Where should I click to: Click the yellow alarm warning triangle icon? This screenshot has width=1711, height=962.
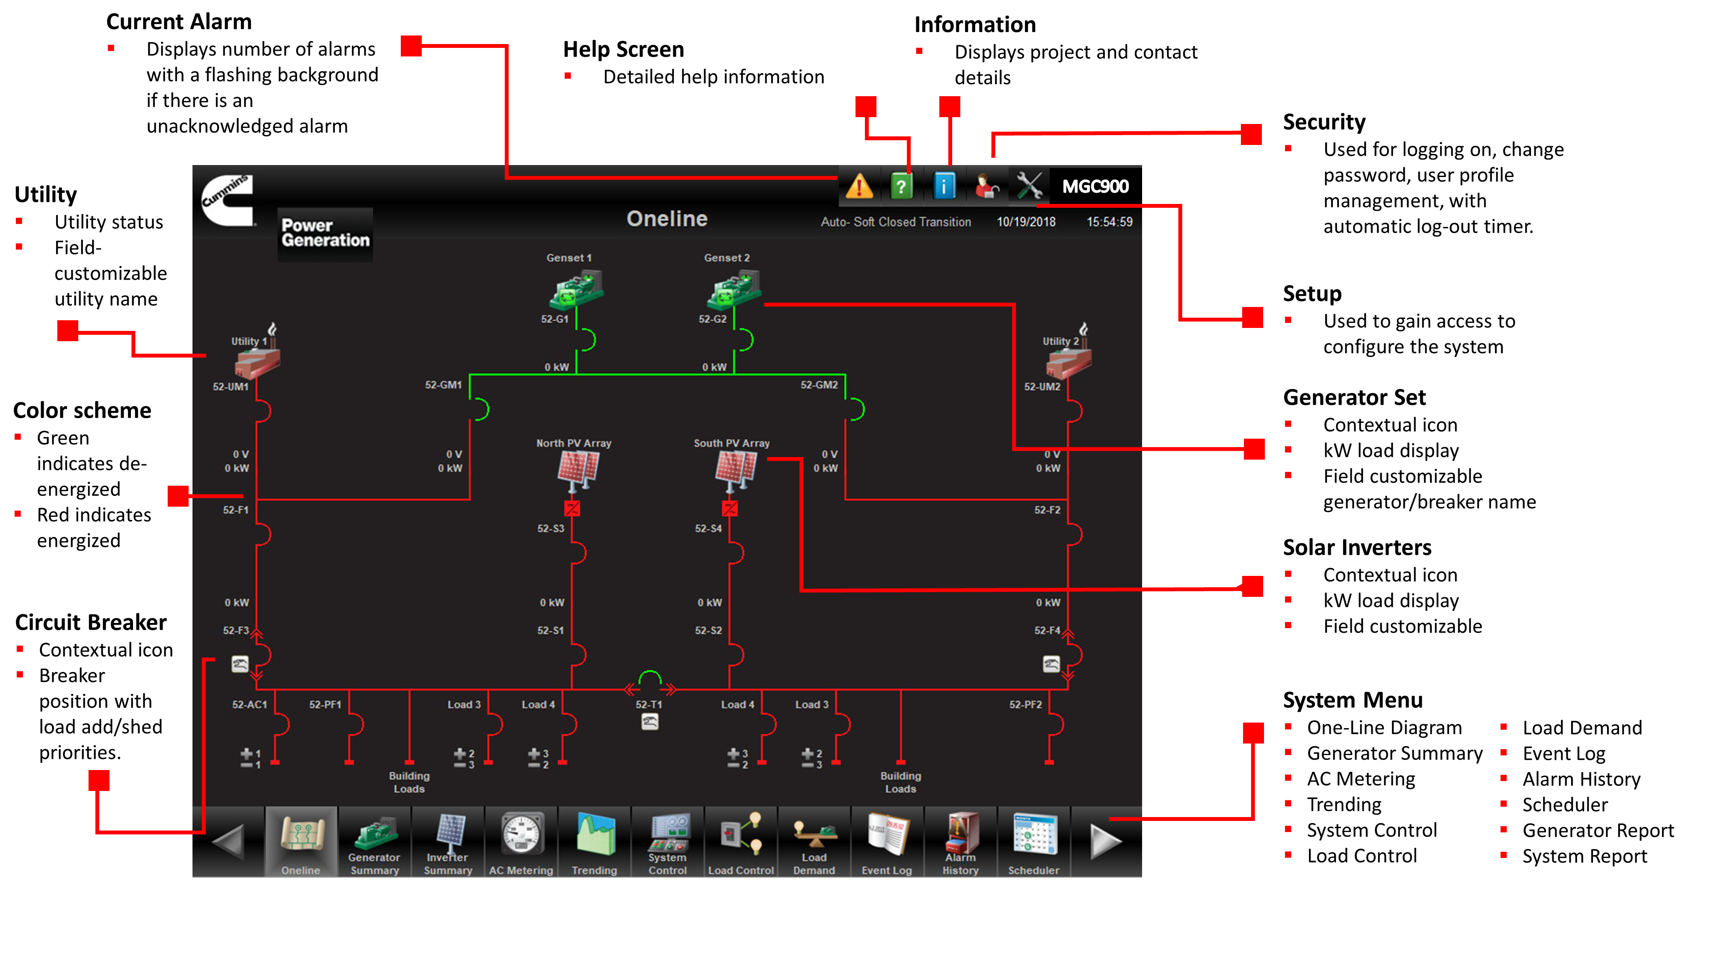[x=859, y=186]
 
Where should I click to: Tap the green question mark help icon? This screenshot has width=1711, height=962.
[x=901, y=186]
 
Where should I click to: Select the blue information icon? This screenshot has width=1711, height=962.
[x=944, y=186]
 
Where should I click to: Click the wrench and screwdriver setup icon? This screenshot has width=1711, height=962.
[x=1029, y=186]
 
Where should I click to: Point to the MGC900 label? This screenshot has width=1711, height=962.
[x=1095, y=186]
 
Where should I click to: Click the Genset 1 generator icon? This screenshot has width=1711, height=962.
[x=576, y=289]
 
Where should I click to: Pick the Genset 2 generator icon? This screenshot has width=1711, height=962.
[x=733, y=289]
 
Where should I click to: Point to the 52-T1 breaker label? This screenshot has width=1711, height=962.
[x=648, y=705]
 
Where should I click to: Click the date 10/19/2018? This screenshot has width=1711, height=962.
[x=1026, y=222]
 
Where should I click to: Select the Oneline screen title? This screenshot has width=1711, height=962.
[x=667, y=218]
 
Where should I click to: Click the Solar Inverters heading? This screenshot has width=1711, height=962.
[x=1357, y=547]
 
